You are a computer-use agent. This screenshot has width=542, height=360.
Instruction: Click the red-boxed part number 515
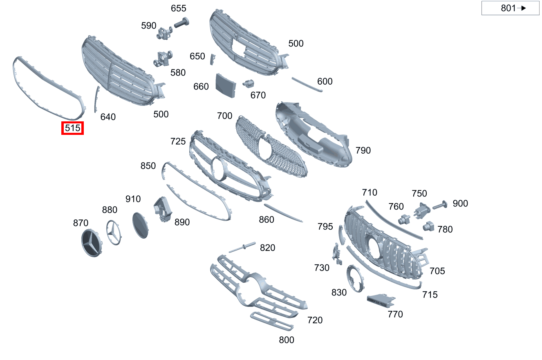coord(72,128)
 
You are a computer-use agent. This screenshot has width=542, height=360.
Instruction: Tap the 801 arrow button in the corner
coord(510,8)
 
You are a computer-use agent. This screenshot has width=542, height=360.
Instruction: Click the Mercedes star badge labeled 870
coord(92,243)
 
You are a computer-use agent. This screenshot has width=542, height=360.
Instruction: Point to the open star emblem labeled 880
coord(114,233)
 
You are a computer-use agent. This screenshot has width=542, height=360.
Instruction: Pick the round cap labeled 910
coord(141,225)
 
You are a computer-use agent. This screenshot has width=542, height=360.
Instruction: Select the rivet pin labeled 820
coord(242,247)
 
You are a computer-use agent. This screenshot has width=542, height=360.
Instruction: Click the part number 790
coord(363,150)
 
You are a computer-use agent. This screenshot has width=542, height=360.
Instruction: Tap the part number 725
coord(178,141)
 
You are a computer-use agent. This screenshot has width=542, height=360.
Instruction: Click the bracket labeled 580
coord(163,59)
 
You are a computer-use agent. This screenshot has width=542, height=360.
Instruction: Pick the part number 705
coord(437,271)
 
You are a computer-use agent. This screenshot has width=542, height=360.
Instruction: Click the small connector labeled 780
coord(428,225)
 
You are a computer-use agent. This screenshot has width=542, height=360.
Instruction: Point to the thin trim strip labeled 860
coord(283,213)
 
